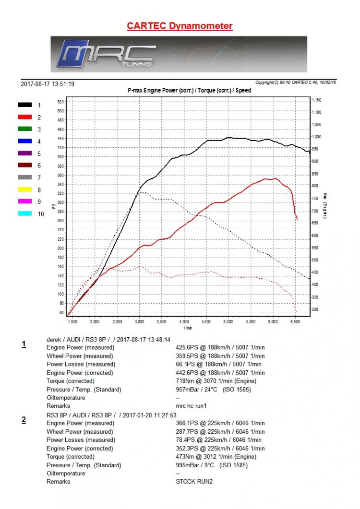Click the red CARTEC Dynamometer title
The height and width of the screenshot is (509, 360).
pos(180,26)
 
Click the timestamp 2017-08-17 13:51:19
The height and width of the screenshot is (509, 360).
pos(48,84)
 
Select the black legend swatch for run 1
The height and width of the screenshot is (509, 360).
pos(25,105)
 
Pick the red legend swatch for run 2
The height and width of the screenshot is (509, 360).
pos(25,117)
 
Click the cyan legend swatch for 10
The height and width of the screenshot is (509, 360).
pos(25,214)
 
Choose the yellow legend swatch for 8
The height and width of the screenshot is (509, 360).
pos(25,190)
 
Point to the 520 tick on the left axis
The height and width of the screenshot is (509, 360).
pos(60,102)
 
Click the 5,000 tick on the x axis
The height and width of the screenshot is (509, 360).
pos(228,321)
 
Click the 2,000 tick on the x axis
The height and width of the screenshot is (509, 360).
pos(95,321)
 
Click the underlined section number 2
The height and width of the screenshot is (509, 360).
pos(24,420)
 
